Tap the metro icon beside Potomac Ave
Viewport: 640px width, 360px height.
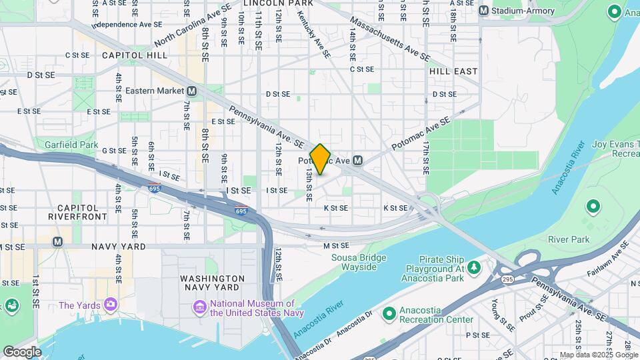tap(358, 160)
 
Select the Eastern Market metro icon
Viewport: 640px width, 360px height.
tap(192, 91)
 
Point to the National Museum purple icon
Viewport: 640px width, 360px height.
tap(199, 307)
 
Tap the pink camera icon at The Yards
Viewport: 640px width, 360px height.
tap(110, 305)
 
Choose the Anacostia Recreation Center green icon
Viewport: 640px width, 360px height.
tap(389, 313)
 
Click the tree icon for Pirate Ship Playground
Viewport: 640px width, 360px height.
tap(474, 267)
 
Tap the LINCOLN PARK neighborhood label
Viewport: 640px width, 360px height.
tap(269, 3)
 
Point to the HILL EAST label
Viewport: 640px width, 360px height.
tap(453, 71)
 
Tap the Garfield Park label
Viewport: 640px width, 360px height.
tap(71, 144)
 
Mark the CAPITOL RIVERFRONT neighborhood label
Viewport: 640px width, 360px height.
tap(77, 212)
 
